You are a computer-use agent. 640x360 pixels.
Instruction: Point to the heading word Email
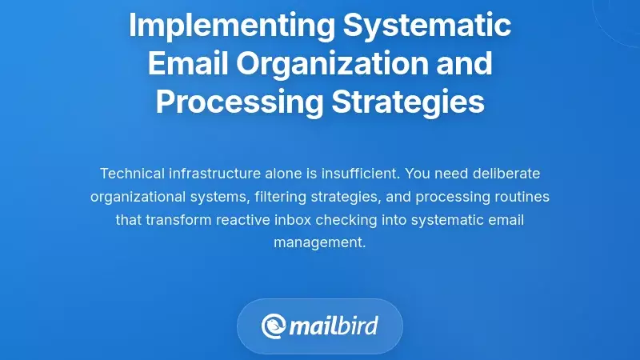[184, 63]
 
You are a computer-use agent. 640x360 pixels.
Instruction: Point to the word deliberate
[502, 174]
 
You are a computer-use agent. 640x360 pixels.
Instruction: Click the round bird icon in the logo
[274, 326]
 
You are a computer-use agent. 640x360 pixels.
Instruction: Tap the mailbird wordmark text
[334, 326]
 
